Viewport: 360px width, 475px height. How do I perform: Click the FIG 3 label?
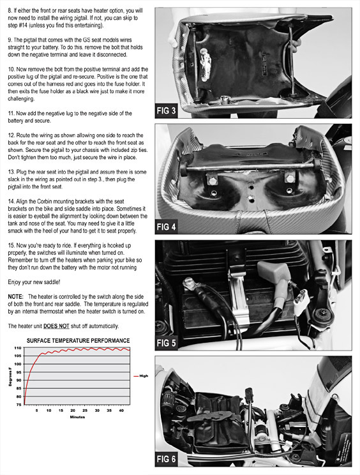click(x=166, y=110)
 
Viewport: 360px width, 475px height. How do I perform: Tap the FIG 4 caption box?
click(x=166, y=227)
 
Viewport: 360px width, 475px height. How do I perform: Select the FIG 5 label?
click(x=166, y=343)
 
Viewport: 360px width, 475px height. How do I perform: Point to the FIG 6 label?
click(x=166, y=459)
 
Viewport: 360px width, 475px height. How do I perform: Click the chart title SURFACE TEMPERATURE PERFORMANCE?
click(x=78, y=340)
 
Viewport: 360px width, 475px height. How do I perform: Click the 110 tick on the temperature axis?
click(x=18, y=348)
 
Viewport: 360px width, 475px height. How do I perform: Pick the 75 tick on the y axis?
click(x=19, y=404)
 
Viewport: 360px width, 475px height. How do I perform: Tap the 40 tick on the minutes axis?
click(x=121, y=411)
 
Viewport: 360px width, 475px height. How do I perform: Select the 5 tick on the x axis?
click(x=36, y=411)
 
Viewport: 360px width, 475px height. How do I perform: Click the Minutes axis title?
click(x=77, y=417)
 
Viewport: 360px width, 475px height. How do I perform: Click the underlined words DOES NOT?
click(x=56, y=326)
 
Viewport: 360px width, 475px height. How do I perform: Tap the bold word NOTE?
click(x=15, y=297)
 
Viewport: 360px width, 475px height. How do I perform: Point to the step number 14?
click(x=11, y=201)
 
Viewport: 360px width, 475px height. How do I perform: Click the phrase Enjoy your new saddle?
click(x=34, y=282)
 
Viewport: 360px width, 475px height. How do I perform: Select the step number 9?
click(x=10, y=40)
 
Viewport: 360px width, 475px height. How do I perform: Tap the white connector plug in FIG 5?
click(x=300, y=302)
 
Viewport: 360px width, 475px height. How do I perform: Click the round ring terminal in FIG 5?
click(x=189, y=283)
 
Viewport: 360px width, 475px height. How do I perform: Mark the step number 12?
click(x=11, y=135)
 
